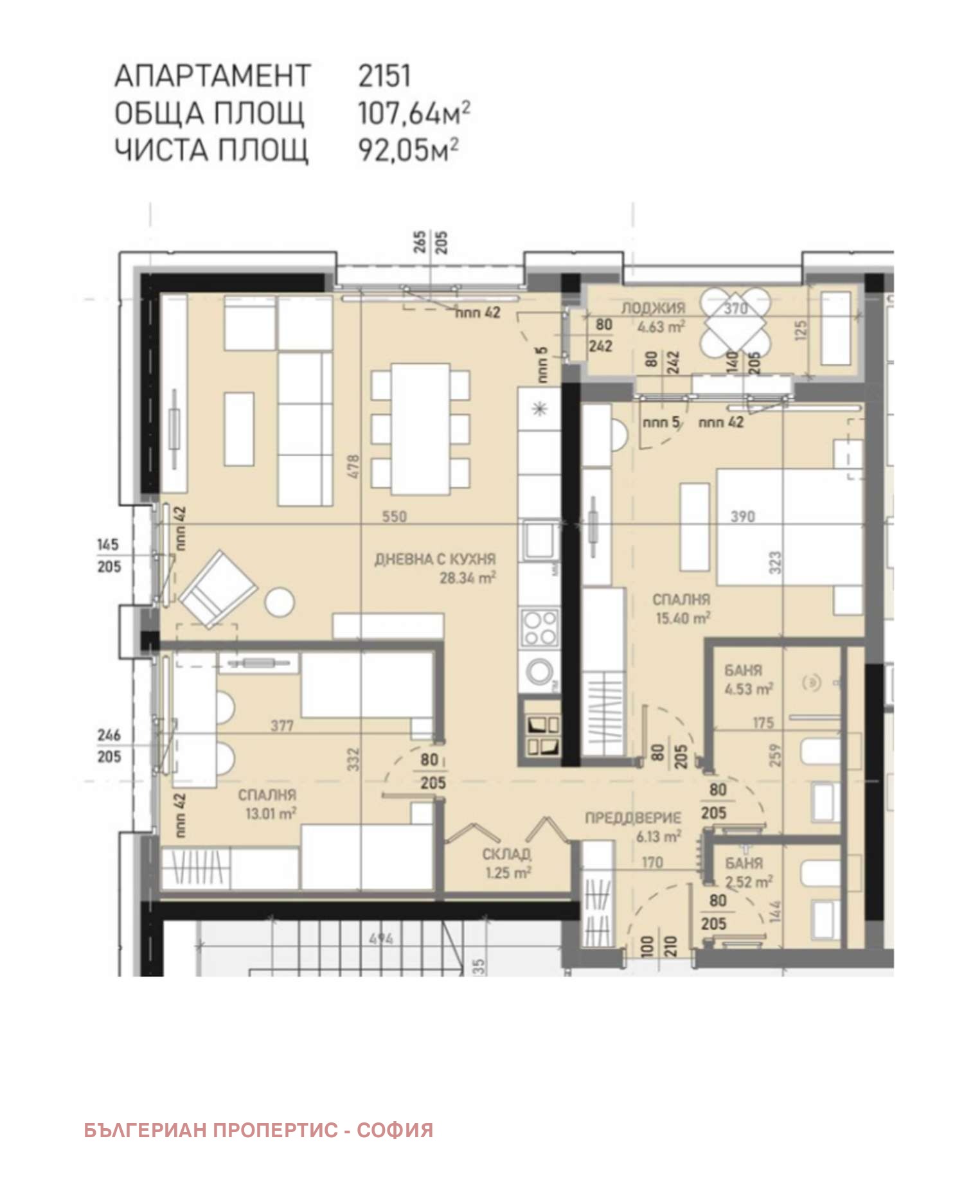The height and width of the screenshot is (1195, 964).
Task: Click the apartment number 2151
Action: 384,76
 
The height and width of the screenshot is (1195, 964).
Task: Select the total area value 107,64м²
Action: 413,113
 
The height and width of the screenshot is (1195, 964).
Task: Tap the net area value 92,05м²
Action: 407,150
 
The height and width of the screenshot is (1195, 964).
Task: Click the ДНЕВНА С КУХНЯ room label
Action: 435,559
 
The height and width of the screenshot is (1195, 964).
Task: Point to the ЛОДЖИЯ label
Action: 653,308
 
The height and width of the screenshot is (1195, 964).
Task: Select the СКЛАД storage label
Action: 506,854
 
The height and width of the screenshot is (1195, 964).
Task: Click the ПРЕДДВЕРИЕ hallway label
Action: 632,818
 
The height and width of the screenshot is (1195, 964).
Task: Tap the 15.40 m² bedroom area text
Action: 683,618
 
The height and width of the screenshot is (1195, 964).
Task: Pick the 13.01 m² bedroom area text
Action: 271,813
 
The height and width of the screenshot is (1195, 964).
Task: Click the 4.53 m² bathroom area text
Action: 748,689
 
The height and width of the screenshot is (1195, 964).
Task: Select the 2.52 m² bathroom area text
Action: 749,882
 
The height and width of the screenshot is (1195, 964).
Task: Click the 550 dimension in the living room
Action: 394,517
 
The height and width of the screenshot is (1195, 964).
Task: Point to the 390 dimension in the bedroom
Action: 742,517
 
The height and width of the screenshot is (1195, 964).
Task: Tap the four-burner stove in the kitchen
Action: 539,628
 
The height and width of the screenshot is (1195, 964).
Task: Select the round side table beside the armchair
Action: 280,603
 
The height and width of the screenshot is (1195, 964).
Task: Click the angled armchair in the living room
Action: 217,589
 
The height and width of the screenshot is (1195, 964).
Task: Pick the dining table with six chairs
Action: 420,429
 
